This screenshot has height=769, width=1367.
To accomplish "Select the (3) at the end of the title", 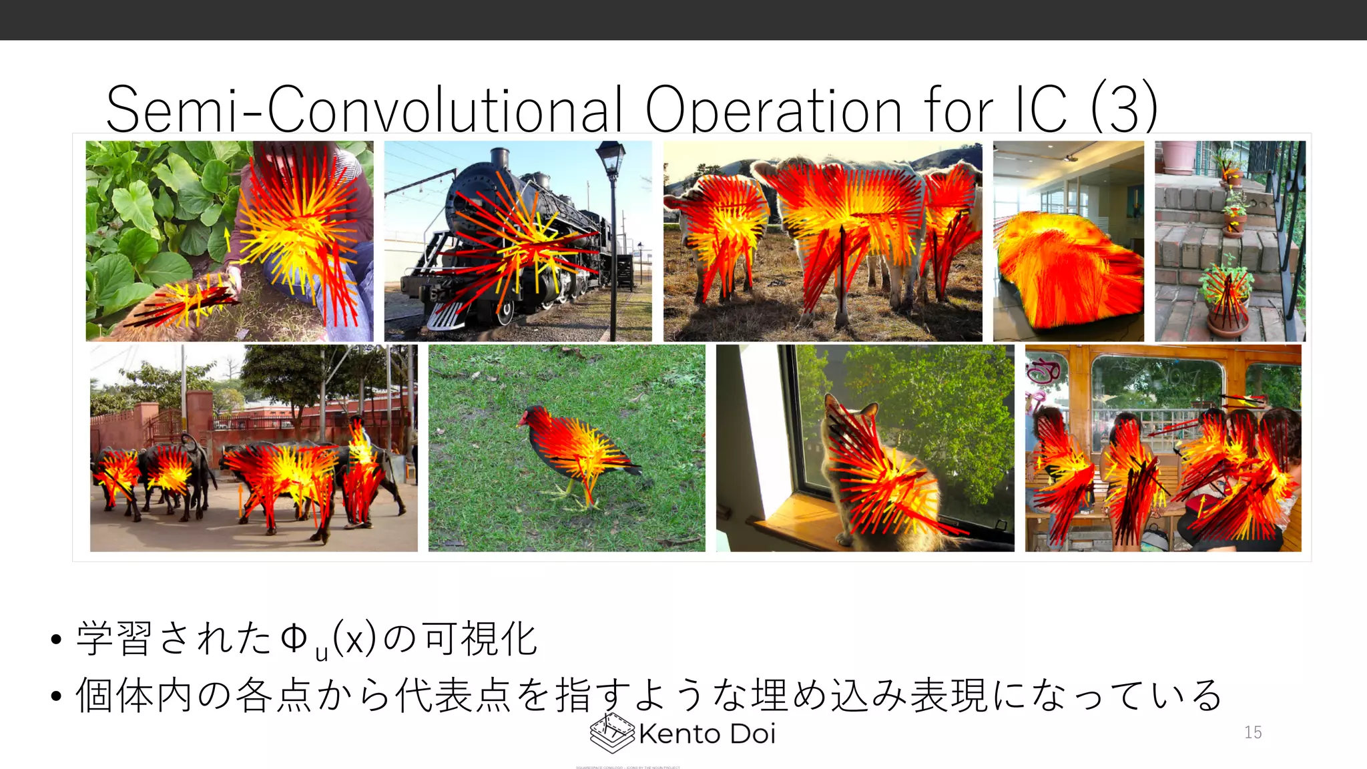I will click(1124, 108).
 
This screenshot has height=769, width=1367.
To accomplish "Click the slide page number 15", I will click(1253, 732).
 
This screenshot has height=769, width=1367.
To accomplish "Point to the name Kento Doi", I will click(707, 734).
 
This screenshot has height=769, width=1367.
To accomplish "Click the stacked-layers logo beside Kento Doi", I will click(611, 733).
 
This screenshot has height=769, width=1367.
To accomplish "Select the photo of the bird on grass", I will click(566, 448).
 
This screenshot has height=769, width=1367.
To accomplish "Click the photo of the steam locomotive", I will click(517, 241).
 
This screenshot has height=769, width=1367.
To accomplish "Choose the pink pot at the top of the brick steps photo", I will click(1179, 156).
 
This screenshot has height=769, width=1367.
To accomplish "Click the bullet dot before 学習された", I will click(56, 639).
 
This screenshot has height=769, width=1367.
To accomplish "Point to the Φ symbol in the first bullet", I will click(294, 638).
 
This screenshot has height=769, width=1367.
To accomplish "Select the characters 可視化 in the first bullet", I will click(480, 639).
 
